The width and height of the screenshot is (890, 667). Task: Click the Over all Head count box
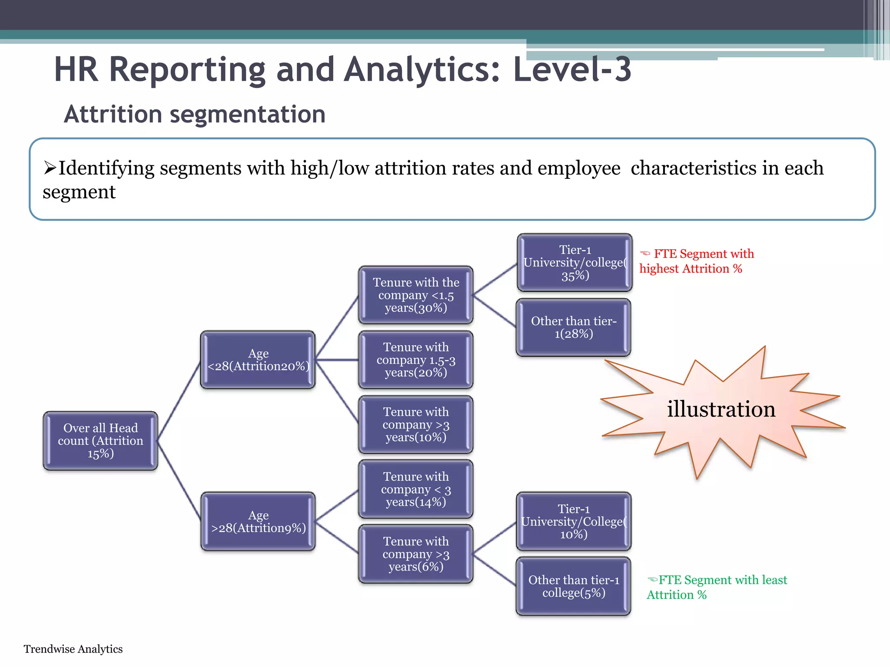tap(100, 440)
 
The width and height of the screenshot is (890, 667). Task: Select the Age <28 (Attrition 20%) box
tap(258, 360)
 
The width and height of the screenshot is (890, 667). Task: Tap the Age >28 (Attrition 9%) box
tap(258, 521)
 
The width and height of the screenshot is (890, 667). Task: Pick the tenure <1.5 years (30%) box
tap(416, 295)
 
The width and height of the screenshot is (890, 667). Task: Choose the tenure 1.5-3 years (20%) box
tap(416, 360)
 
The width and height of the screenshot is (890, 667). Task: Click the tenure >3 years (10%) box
tap(416, 424)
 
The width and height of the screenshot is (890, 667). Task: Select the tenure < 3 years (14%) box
tap(416, 489)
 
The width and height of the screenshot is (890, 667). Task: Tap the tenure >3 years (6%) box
tap(416, 554)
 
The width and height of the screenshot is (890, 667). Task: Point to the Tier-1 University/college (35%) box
tap(575, 262)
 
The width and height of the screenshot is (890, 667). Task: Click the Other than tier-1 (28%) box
tap(574, 327)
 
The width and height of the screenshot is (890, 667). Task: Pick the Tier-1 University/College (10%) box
tap(574, 521)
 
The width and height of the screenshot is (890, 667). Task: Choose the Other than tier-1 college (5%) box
tap(574, 586)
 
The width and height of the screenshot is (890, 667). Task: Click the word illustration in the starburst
tap(721, 409)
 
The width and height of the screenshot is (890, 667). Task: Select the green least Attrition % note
tap(717, 587)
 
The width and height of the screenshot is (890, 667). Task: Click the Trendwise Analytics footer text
tap(73, 649)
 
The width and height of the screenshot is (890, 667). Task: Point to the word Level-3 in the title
tap(572, 69)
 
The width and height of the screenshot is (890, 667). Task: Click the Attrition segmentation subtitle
tap(195, 115)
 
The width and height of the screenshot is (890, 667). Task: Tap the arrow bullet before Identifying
tap(50, 168)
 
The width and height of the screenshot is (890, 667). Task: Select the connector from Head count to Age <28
tap(179, 400)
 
